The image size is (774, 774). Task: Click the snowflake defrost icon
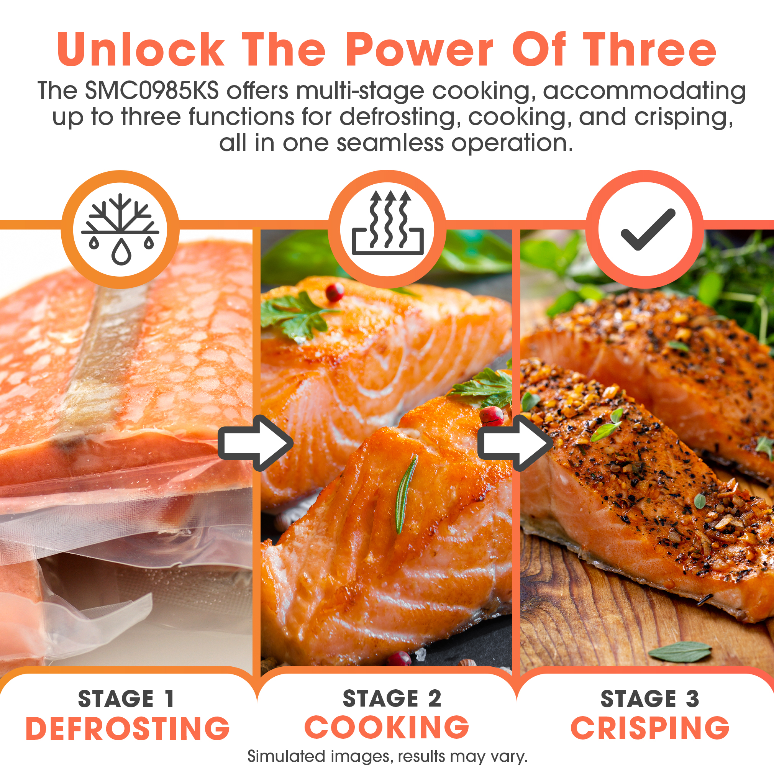point(120,229)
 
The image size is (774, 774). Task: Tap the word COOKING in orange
point(387,727)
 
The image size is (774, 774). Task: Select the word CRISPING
point(650,728)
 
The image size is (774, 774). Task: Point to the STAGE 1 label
point(126,699)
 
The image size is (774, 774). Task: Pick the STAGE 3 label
point(650,699)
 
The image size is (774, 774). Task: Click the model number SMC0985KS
point(152,90)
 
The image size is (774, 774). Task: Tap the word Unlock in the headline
point(140,50)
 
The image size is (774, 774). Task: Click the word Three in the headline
point(649,50)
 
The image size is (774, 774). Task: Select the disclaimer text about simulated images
point(387,756)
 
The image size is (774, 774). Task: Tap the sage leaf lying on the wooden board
point(680,652)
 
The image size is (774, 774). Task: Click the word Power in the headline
point(419,50)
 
